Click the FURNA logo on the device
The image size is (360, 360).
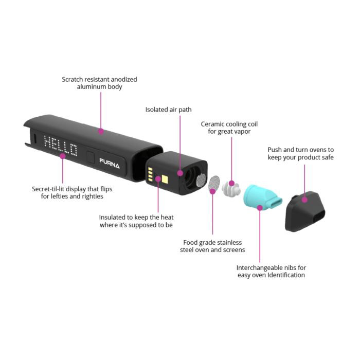point(110,166)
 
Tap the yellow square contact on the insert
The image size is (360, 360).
point(167,179)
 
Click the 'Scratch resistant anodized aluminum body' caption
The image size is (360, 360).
point(99,83)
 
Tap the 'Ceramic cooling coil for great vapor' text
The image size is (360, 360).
point(229,128)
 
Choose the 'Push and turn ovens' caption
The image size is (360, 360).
point(300,153)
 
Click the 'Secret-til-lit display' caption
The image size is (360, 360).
point(71,192)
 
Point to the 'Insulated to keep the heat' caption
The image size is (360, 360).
point(136,221)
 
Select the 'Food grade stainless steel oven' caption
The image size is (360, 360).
point(212,246)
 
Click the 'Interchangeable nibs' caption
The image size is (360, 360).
point(271,271)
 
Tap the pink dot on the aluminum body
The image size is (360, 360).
point(101,132)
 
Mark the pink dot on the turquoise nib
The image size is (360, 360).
point(260,207)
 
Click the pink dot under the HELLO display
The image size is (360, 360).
point(63,155)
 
